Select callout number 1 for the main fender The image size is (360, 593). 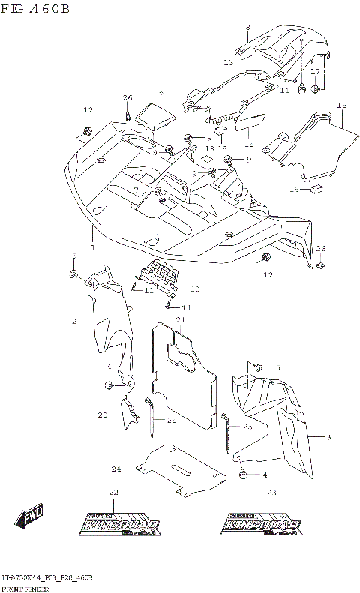coord(93,248)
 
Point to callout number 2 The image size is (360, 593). coord(75,322)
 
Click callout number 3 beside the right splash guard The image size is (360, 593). coord(328,436)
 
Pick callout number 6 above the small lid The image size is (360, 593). coord(160,93)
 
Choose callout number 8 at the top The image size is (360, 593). coord(247,28)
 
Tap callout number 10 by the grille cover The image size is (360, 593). coord(195,289)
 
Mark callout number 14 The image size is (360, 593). coord(284,90)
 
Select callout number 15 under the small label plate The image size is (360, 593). coord(249,144)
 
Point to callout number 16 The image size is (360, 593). coord(341,106)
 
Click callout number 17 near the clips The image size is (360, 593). coord(316,72)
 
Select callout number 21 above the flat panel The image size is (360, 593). coord(180,320)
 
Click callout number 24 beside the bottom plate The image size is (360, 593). coord(116,469)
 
